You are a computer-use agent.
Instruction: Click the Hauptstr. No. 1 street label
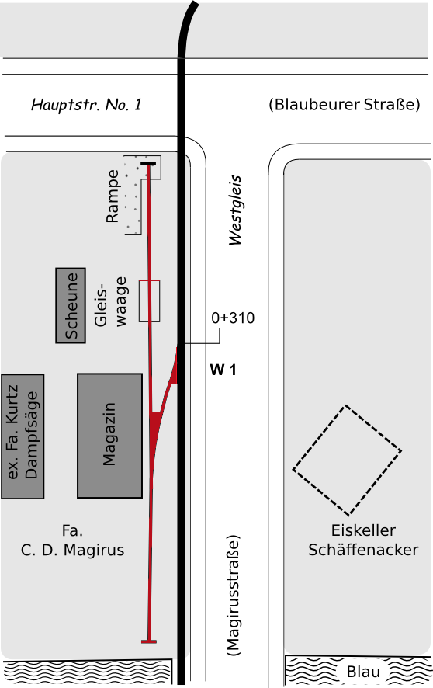click(86, 104)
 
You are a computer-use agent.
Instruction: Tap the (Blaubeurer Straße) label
click(345, 104)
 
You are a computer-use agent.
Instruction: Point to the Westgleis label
click(235, 210)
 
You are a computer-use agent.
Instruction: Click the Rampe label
click(113, 196)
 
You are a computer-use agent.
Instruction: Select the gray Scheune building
click(71, 305)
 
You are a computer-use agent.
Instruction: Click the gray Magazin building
click(109, 436)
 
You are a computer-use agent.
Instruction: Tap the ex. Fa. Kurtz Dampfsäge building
click(23, 436)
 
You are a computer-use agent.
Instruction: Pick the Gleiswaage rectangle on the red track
click(150, 301)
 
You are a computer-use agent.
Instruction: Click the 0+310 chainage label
click(233, 318)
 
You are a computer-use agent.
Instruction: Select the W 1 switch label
click(223, 370)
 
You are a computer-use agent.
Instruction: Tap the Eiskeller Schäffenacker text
click(363, 540)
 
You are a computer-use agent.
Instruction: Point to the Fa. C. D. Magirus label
click(73, 540)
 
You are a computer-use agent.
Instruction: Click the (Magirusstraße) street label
click(234, 595)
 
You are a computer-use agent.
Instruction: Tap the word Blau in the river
click(363, 672)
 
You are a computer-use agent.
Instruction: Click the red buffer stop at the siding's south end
click(149, 641)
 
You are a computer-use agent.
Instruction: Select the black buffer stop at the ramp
click(148, 164)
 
